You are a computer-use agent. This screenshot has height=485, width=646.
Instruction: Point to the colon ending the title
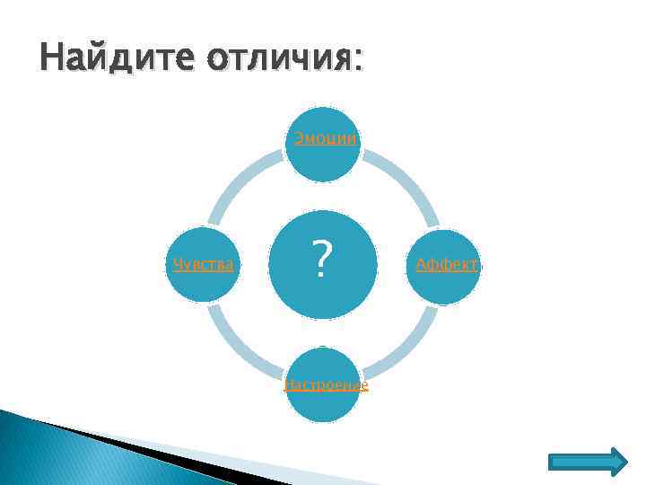[360, 61]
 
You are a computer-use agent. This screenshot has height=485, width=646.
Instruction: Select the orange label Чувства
[204, 265]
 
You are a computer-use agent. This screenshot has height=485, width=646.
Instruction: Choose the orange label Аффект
[446, 265]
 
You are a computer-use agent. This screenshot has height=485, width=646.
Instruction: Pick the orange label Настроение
[325, 385]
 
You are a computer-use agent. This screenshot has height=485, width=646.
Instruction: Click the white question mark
[324, 261]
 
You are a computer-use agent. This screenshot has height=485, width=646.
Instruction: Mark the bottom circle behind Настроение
[324, 404]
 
